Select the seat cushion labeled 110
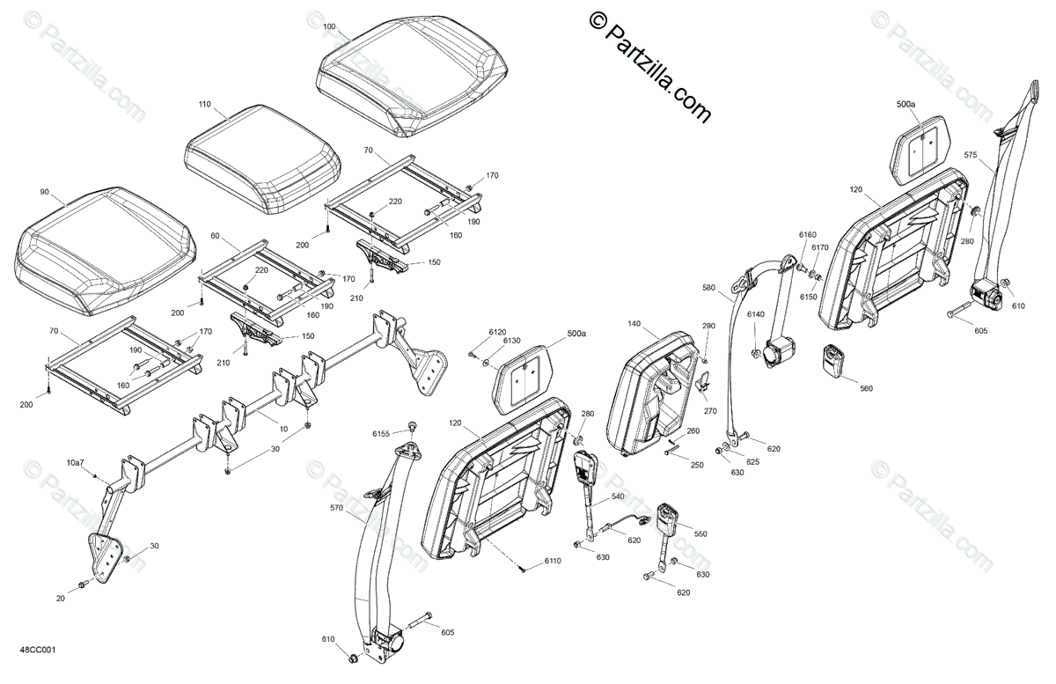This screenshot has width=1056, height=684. [x=262, y=157]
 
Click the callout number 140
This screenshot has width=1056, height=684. [x=634, y=324]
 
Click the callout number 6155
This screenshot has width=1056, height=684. [x=380, y=433]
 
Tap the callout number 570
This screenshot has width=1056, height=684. [x=337, y=507]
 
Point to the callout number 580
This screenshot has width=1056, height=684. [x=710, y=287]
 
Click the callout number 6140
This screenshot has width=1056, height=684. [x=756, y=314]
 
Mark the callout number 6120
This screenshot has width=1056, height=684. [x=498, y=331]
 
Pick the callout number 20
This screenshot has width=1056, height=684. [x=61, y=599]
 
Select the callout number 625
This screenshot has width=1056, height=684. [x=752, y=462]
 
